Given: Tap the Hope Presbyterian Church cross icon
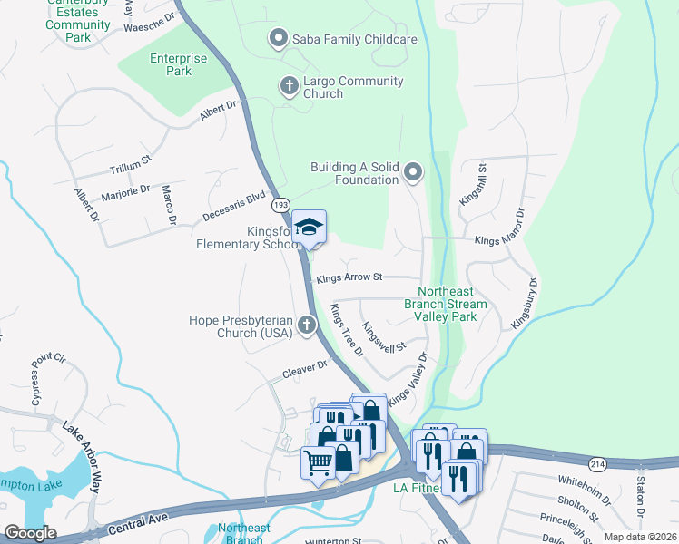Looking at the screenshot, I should tap(308, 325).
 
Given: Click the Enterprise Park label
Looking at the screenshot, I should tap(179, 64).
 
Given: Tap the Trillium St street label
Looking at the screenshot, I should tap(130, 170).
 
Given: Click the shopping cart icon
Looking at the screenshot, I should tap(318, 462).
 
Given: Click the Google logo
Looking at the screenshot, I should tap(30, 532).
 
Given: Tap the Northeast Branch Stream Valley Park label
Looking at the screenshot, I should tap(445, 304).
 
